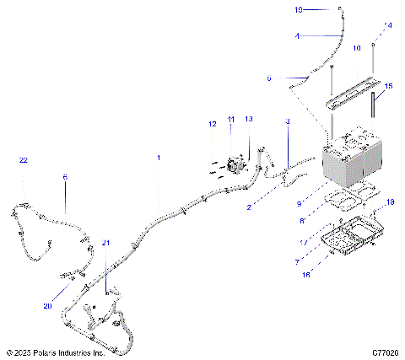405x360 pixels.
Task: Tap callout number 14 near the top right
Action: click(x=388, y=26)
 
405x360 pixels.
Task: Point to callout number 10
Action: click(x=357, y=48)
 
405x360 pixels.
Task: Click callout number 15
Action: click(x=388, y=86)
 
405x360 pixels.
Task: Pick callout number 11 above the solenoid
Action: click(x=231, y=120)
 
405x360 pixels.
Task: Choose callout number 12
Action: click(x=213, y=125)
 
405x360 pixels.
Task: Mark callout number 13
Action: click(x=249, y=120)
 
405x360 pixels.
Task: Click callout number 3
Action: click(x=287, y=122)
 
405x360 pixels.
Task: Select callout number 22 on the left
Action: click(x=24, y=160)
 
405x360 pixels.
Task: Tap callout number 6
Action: click(x=65, y=177)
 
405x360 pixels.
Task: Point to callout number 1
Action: click(x=157, y=158)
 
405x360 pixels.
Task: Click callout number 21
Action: click(x=106, y=242)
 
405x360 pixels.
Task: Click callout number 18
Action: click(x=390, y=202)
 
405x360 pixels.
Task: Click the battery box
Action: click(x=350, y=162)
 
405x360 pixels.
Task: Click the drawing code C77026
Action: click(x=384, y=352)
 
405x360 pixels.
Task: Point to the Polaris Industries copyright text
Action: click(x=55, y=352)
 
